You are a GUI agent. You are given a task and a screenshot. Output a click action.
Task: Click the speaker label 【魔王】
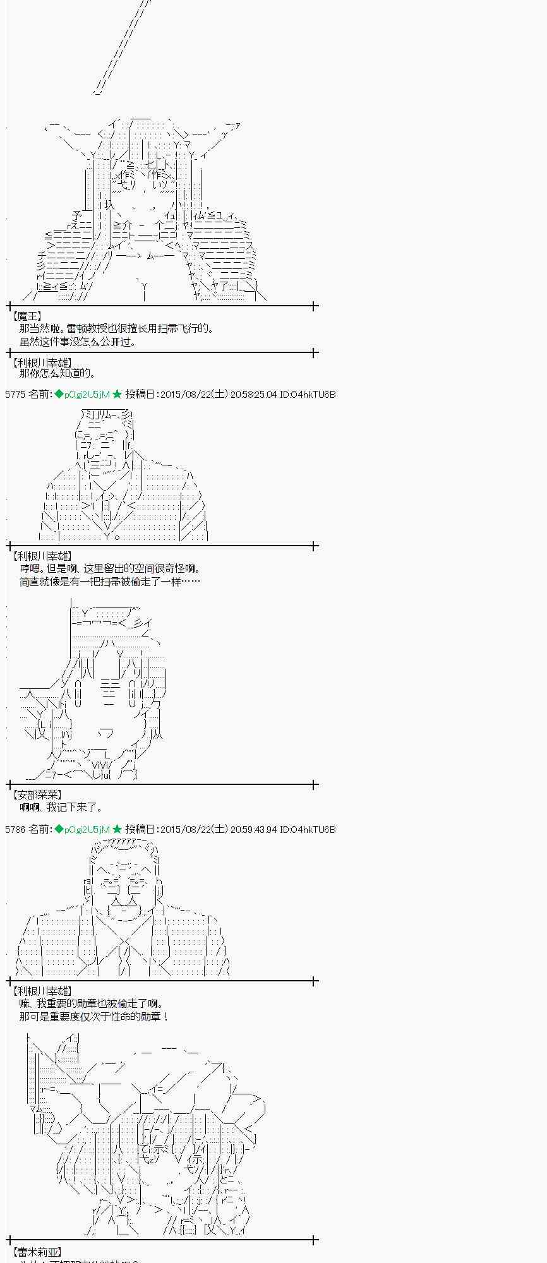click(27, 316)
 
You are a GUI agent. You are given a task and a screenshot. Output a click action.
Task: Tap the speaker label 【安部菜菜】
click(37, 794)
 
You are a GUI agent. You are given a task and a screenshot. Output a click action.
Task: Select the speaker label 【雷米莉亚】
click(37, 1251)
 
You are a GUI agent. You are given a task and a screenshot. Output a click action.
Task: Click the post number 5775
click(15, 395)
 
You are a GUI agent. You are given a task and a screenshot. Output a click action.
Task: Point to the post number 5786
click(15, 829)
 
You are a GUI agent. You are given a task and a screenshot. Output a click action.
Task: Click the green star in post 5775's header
click(117, 395)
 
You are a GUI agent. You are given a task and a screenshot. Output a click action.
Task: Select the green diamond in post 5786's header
click(59, 829)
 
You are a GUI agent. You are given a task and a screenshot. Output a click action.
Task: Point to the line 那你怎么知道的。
click(57, 373)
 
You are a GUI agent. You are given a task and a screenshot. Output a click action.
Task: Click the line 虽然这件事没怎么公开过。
click(78, 342)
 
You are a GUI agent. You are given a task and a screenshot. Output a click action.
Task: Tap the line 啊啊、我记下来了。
click(61, 807)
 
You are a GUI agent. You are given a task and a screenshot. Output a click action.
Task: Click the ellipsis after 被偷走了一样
click(191, 582)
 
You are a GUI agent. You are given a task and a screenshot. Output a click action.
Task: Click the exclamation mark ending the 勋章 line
click(165, 1017)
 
